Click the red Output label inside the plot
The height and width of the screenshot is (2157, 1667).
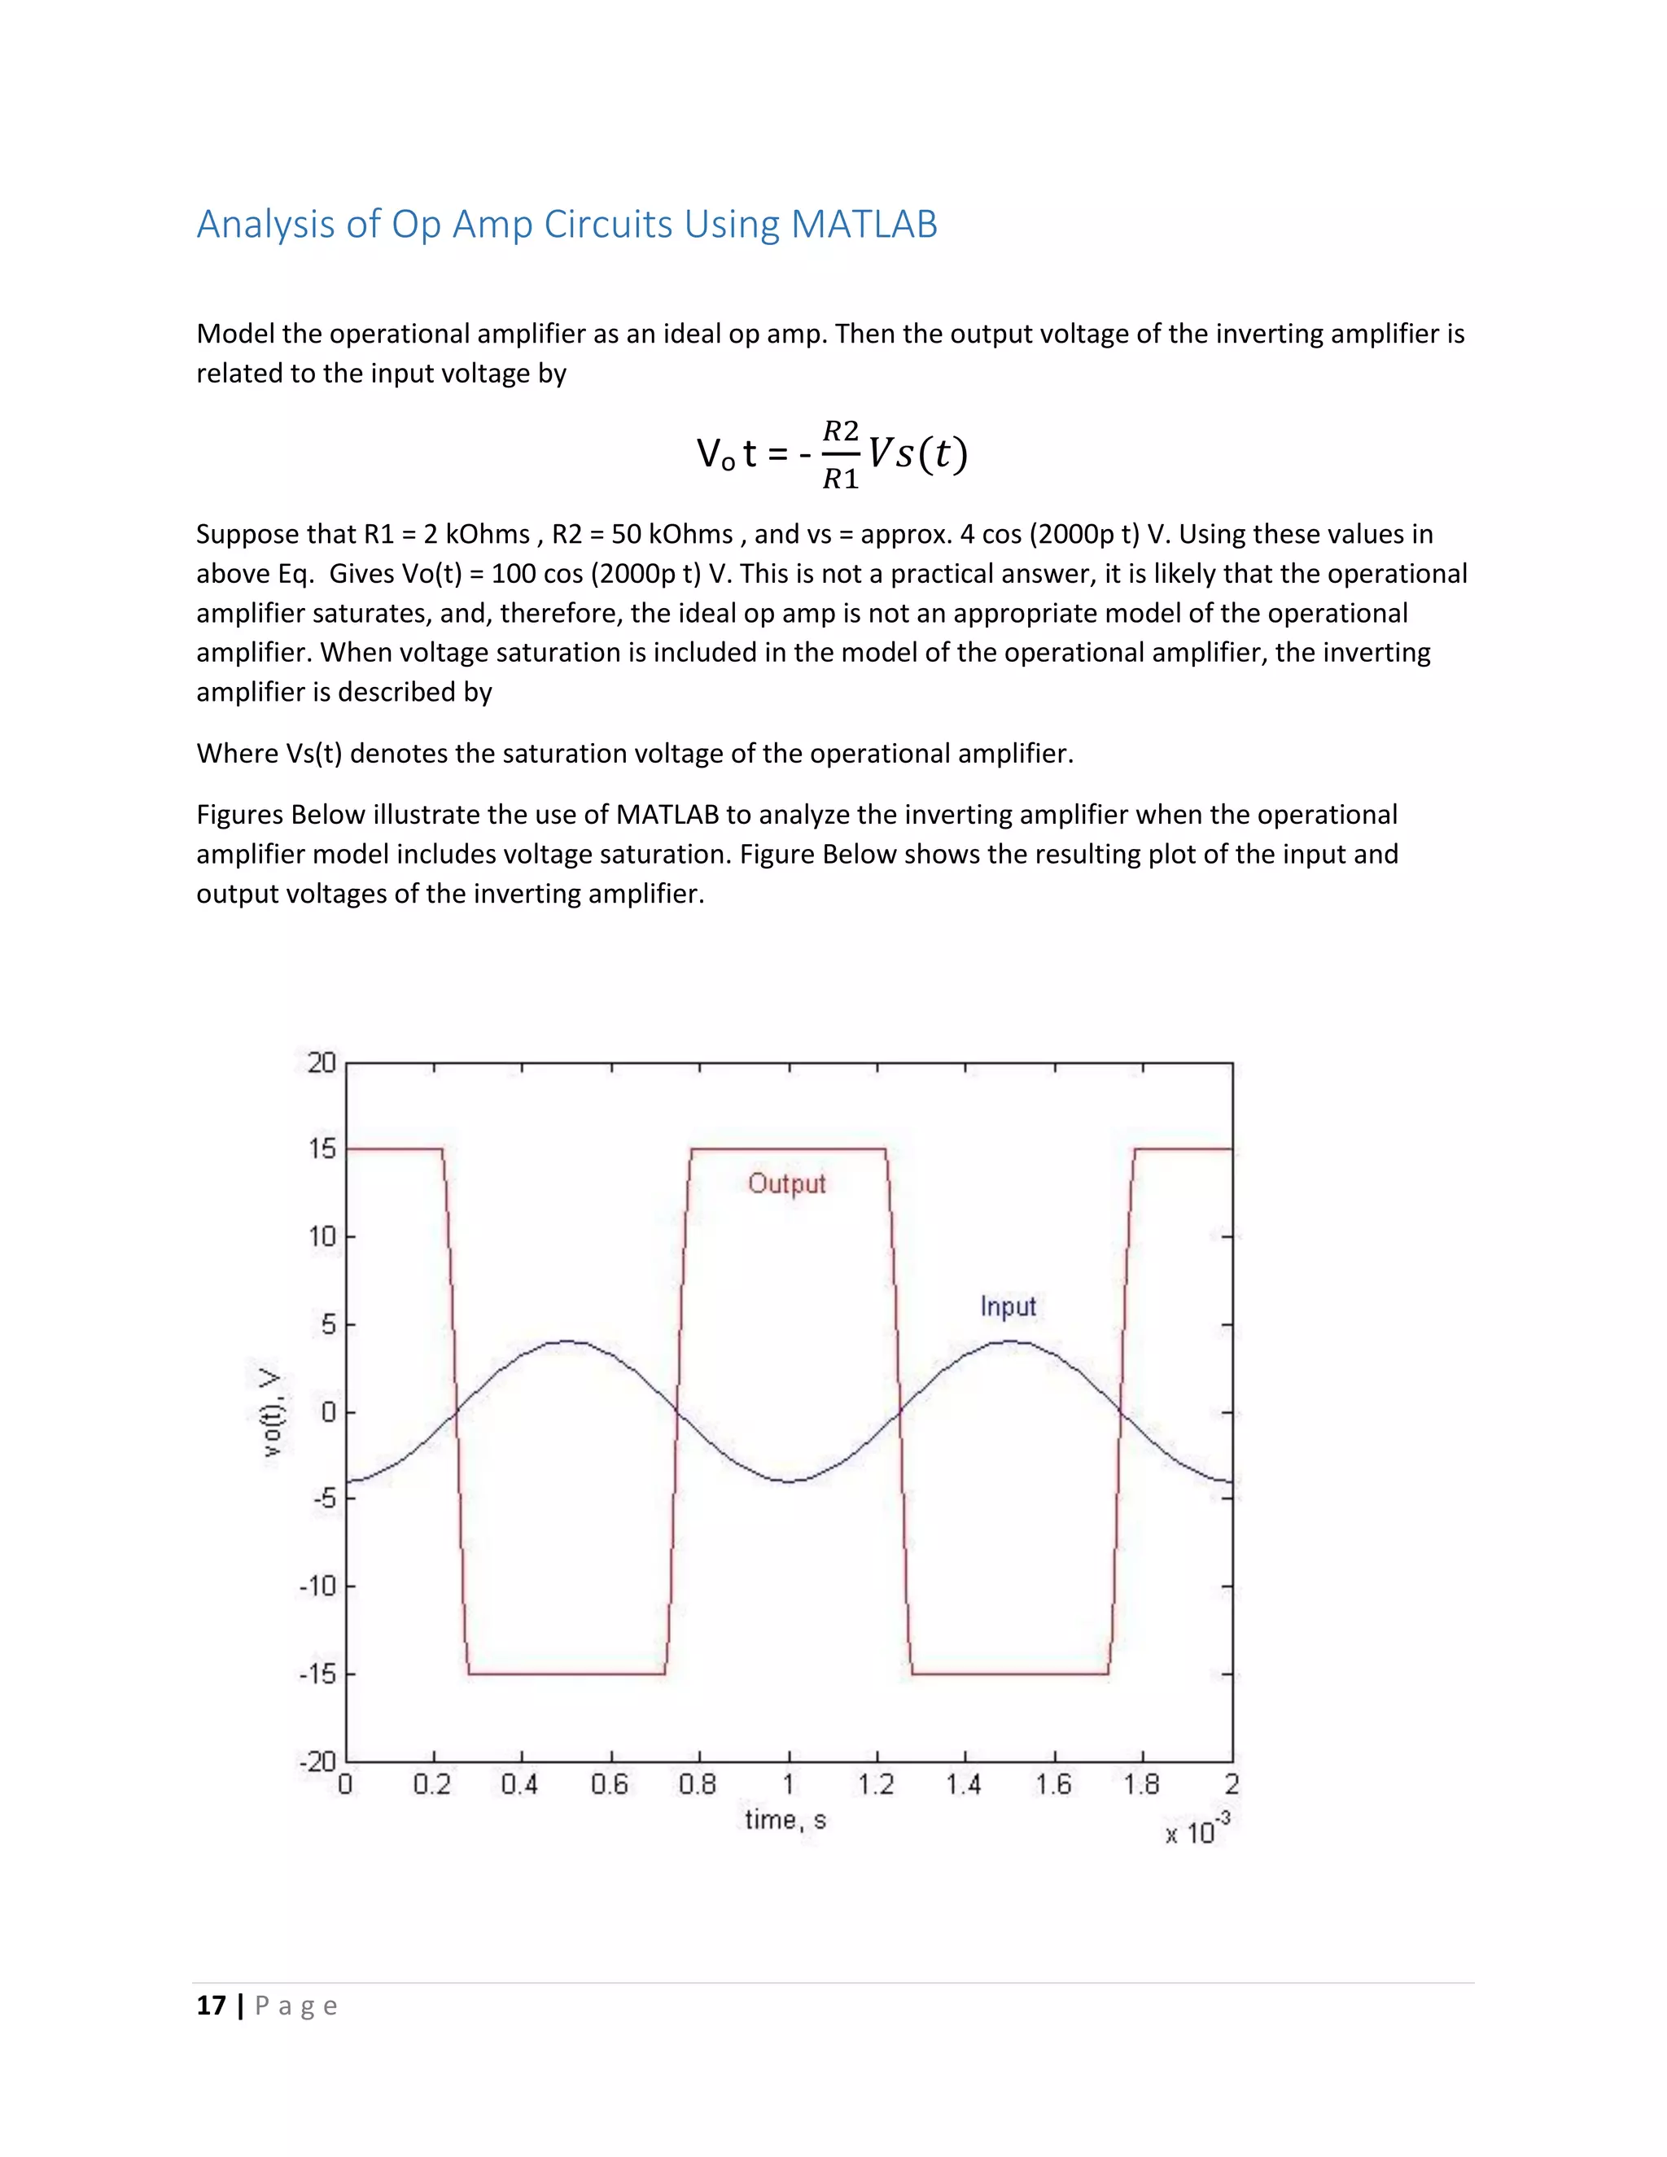coord(786,1184)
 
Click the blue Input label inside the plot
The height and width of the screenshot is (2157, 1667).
coord(1008,1306)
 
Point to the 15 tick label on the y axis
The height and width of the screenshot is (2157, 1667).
coord(322,1149)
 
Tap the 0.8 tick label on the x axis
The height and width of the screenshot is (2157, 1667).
coord(698,1785)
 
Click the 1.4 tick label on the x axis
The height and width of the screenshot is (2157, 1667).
coord(963,1785)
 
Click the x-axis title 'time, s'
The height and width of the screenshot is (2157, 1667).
coord(785,1820)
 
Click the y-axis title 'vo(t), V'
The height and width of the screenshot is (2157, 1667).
coord(269,1412)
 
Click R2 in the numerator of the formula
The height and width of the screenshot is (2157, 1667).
coord(840,431)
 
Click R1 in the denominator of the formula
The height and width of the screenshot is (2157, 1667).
coord(840,479)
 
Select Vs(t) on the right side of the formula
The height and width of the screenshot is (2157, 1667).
coord(917,453)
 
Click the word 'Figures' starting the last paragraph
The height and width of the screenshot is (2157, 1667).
coord(240,815)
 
